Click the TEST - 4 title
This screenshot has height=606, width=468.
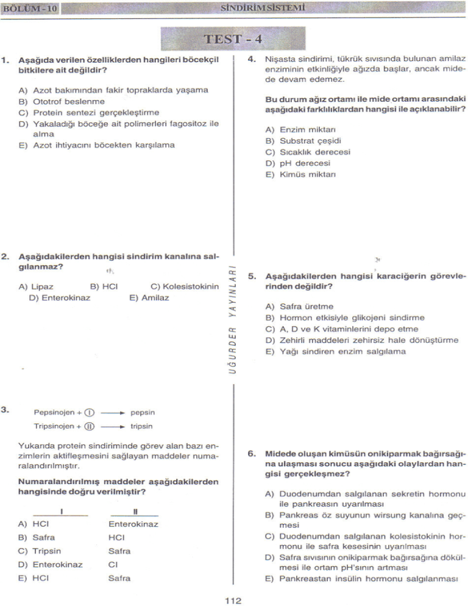233,39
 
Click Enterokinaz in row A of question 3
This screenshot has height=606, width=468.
133,524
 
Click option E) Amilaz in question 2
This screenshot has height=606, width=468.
149,298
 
